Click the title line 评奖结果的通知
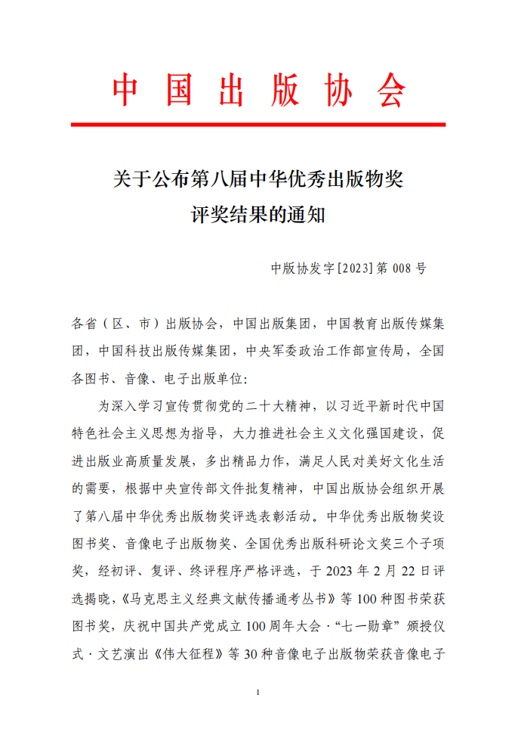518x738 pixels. point(258,215)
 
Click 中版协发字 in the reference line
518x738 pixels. point(303,268)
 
